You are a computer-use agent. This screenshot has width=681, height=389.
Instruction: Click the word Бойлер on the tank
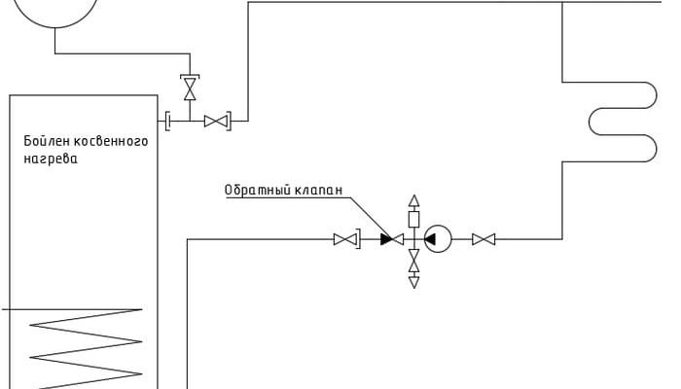click(43, 142)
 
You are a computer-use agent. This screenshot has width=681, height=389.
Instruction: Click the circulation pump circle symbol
click(437, 238)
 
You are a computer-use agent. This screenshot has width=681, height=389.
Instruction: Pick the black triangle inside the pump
click(430, 238)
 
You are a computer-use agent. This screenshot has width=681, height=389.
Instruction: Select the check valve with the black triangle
click(392, 238)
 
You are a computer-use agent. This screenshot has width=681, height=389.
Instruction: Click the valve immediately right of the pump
click(484, 238)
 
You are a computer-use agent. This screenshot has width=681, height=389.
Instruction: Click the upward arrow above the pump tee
click(413, 201)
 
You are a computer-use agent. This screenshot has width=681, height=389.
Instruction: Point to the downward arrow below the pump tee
click(413, 282)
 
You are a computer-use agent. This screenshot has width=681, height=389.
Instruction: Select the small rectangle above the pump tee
click(413, 219)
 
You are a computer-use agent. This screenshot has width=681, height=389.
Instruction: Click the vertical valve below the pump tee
click(413, 261)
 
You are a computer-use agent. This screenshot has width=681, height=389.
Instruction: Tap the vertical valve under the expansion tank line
click(190, 89)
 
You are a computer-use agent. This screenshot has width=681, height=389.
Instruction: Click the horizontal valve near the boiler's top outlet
click(216, 121)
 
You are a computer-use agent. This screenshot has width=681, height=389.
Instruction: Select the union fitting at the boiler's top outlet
click(168, 121)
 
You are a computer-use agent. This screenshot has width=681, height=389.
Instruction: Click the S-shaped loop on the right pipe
click(623, 122)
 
